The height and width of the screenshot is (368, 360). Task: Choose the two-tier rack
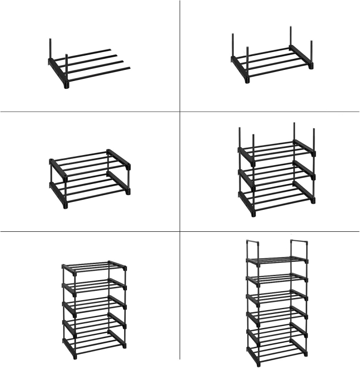click(x=89, y=179)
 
